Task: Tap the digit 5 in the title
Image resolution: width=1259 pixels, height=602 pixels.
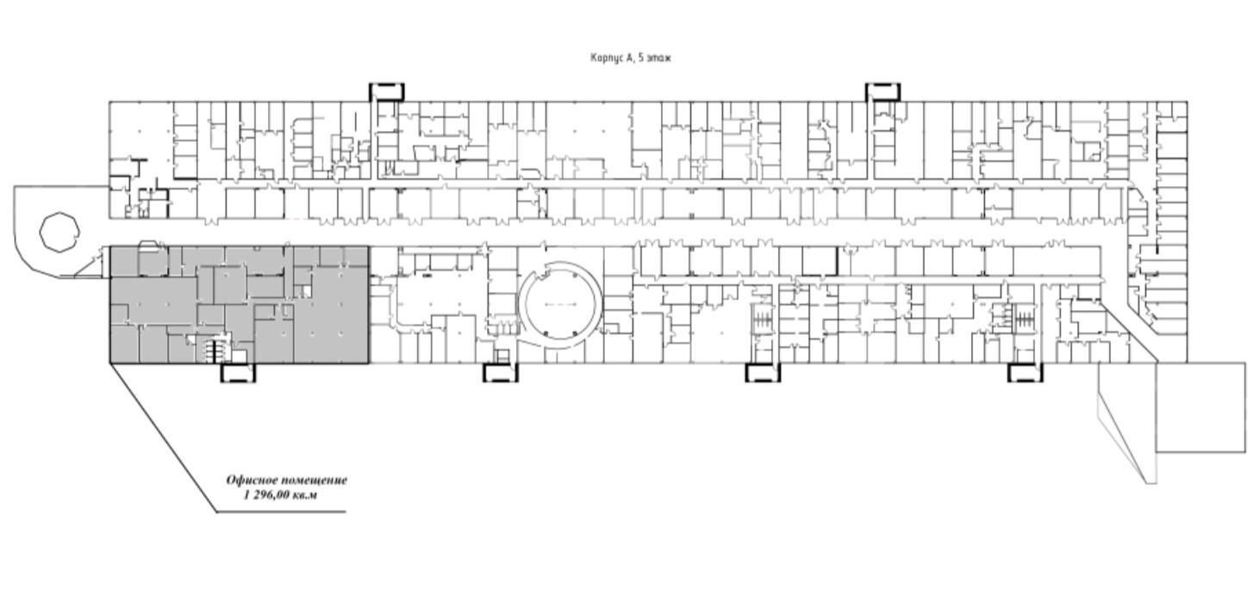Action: point(641,58)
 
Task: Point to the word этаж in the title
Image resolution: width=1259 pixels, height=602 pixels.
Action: point(658,58)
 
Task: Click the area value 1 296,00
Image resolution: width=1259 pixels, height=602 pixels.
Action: point(267,495)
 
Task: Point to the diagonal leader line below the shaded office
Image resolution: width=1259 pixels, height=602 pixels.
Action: point(163,438)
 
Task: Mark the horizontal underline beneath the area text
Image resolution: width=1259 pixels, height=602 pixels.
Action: point(282,512)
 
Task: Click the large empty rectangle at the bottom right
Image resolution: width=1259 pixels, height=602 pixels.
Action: point(1200,407)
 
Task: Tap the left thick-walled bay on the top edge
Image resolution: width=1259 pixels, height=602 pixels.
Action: point(387,91)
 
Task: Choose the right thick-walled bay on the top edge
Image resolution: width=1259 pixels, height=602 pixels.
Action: point(882,91)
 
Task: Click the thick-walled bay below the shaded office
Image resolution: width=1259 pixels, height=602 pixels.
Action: point(237,373)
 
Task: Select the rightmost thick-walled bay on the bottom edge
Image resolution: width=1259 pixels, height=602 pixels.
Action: point(1025,373)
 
